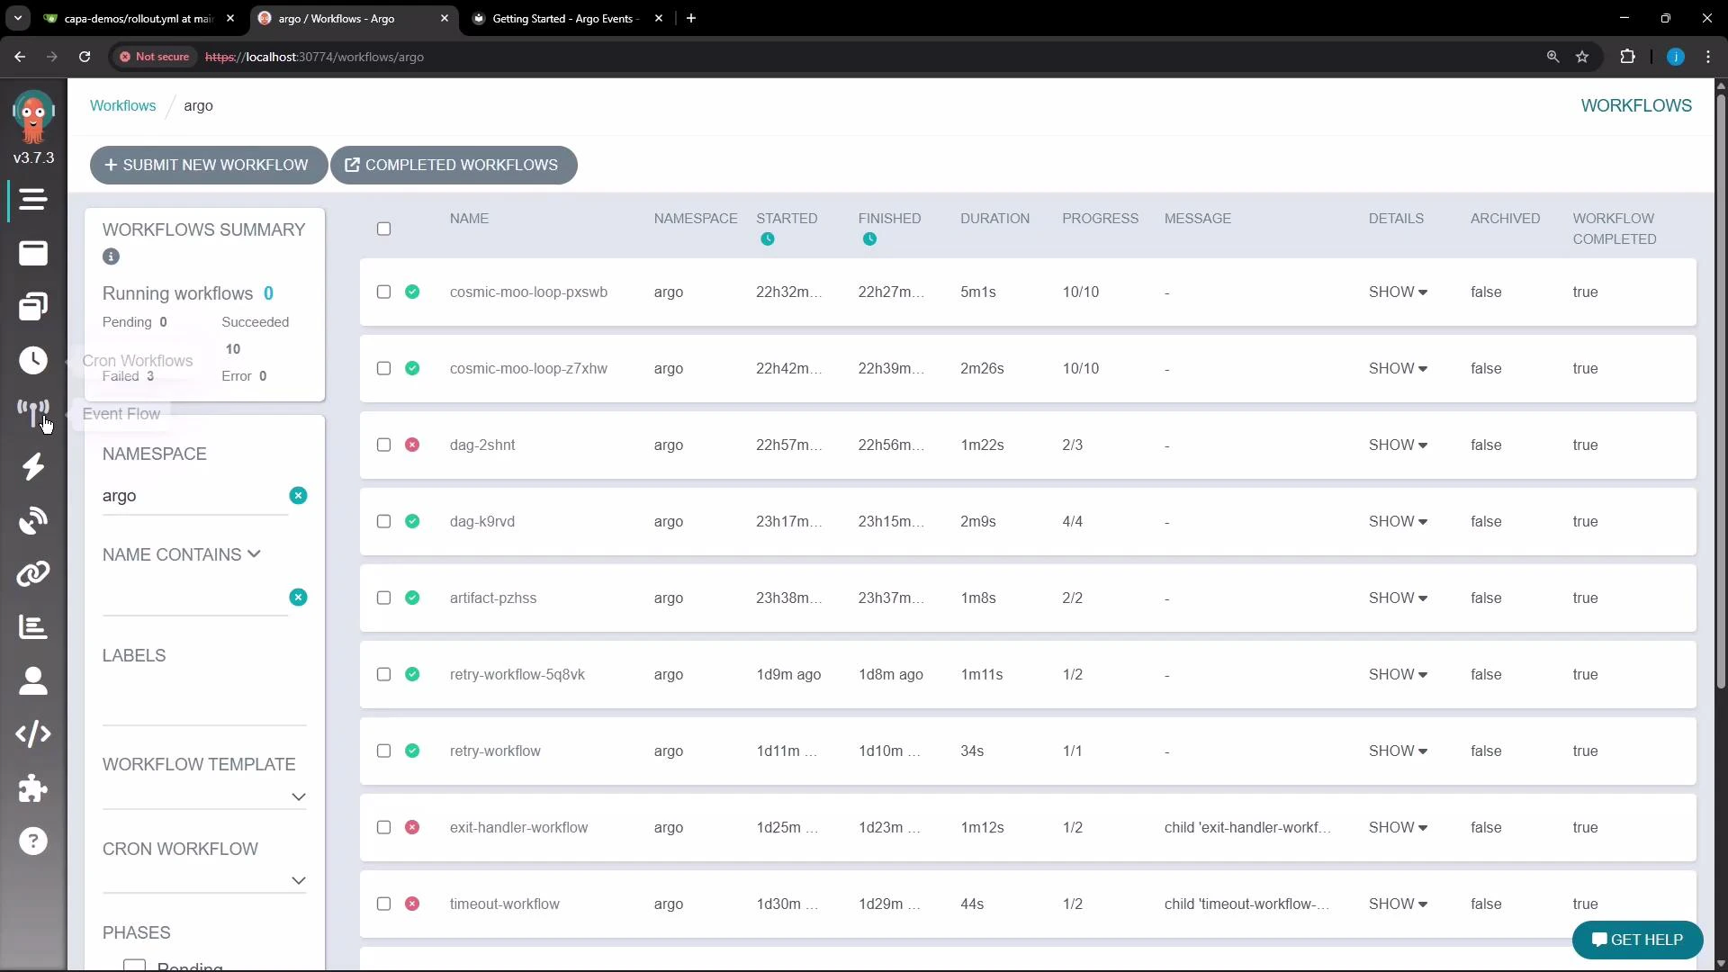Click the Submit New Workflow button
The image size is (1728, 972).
point(208,166)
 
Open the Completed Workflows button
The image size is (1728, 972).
point(454,166)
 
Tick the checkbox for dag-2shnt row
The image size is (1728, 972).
point(383,445)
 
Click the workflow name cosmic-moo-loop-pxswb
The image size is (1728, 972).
point(528,292)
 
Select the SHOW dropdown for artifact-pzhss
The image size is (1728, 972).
point(1397,598)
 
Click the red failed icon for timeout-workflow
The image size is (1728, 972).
point(412,904)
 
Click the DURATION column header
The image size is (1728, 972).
point(994,219)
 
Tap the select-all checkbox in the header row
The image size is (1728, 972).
point(383,229)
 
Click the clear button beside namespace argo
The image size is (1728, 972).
point(298,496)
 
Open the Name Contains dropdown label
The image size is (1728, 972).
point(181,555)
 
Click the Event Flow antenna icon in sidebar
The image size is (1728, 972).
point(33,412)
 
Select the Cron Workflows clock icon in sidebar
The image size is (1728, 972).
point(33,360)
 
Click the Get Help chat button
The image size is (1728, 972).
point(1636,940)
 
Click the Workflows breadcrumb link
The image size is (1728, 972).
point(122,106)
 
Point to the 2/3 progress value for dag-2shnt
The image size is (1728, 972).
point(1072,445)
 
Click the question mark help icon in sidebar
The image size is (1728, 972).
point(33,841)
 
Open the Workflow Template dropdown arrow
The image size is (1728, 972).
point(298,797)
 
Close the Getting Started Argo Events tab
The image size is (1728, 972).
point(659,18)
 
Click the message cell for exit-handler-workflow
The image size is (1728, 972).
point(1246,828)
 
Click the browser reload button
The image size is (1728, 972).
point(85,57)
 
